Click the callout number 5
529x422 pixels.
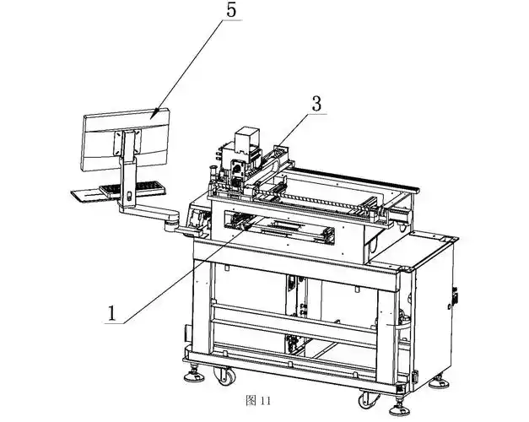[231, 9]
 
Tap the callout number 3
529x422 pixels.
[316, 105]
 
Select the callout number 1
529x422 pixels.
[112, 313]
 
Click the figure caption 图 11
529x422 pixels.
[258, 401]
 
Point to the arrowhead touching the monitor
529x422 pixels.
[154, 113]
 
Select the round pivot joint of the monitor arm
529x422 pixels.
[171, 223]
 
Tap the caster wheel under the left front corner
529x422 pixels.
[224, 376]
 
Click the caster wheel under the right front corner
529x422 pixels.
[369, 400]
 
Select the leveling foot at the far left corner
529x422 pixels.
[194, 375]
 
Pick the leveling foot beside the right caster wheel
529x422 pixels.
[400, 408]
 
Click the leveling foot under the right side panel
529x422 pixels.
[439, 381]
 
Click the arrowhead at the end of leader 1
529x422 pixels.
[246, 227]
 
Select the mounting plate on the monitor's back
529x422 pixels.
[127, 143]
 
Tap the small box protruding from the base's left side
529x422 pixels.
[186, 333]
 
